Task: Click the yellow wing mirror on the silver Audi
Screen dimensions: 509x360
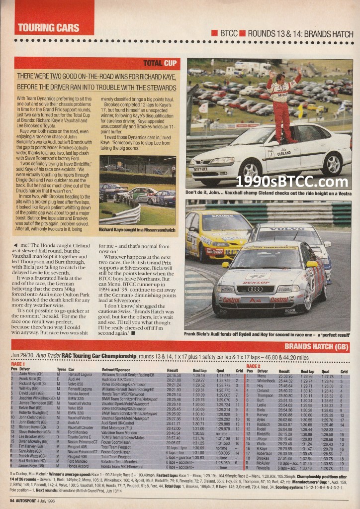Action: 312,264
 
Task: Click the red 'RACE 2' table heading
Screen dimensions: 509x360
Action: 253,365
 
